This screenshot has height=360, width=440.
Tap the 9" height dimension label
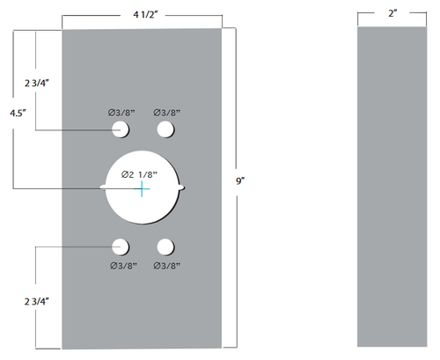(x=240, y=180)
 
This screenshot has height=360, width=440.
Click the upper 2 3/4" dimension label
(x=37, y=83)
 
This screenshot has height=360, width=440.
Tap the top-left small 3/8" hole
(x=120, y=129)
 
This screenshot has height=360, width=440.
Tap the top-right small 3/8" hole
(x=165, y=129)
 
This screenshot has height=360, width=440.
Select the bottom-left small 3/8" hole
(x=120, y=246)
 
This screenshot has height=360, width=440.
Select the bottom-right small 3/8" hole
(x=165, y=246)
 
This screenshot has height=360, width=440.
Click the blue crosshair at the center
(x=143, y=188)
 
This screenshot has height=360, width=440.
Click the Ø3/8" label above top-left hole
(x=121, y=112)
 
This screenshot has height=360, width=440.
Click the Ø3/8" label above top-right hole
(x=166, y=112)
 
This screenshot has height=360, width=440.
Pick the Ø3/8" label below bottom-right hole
(x=166, y=264)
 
